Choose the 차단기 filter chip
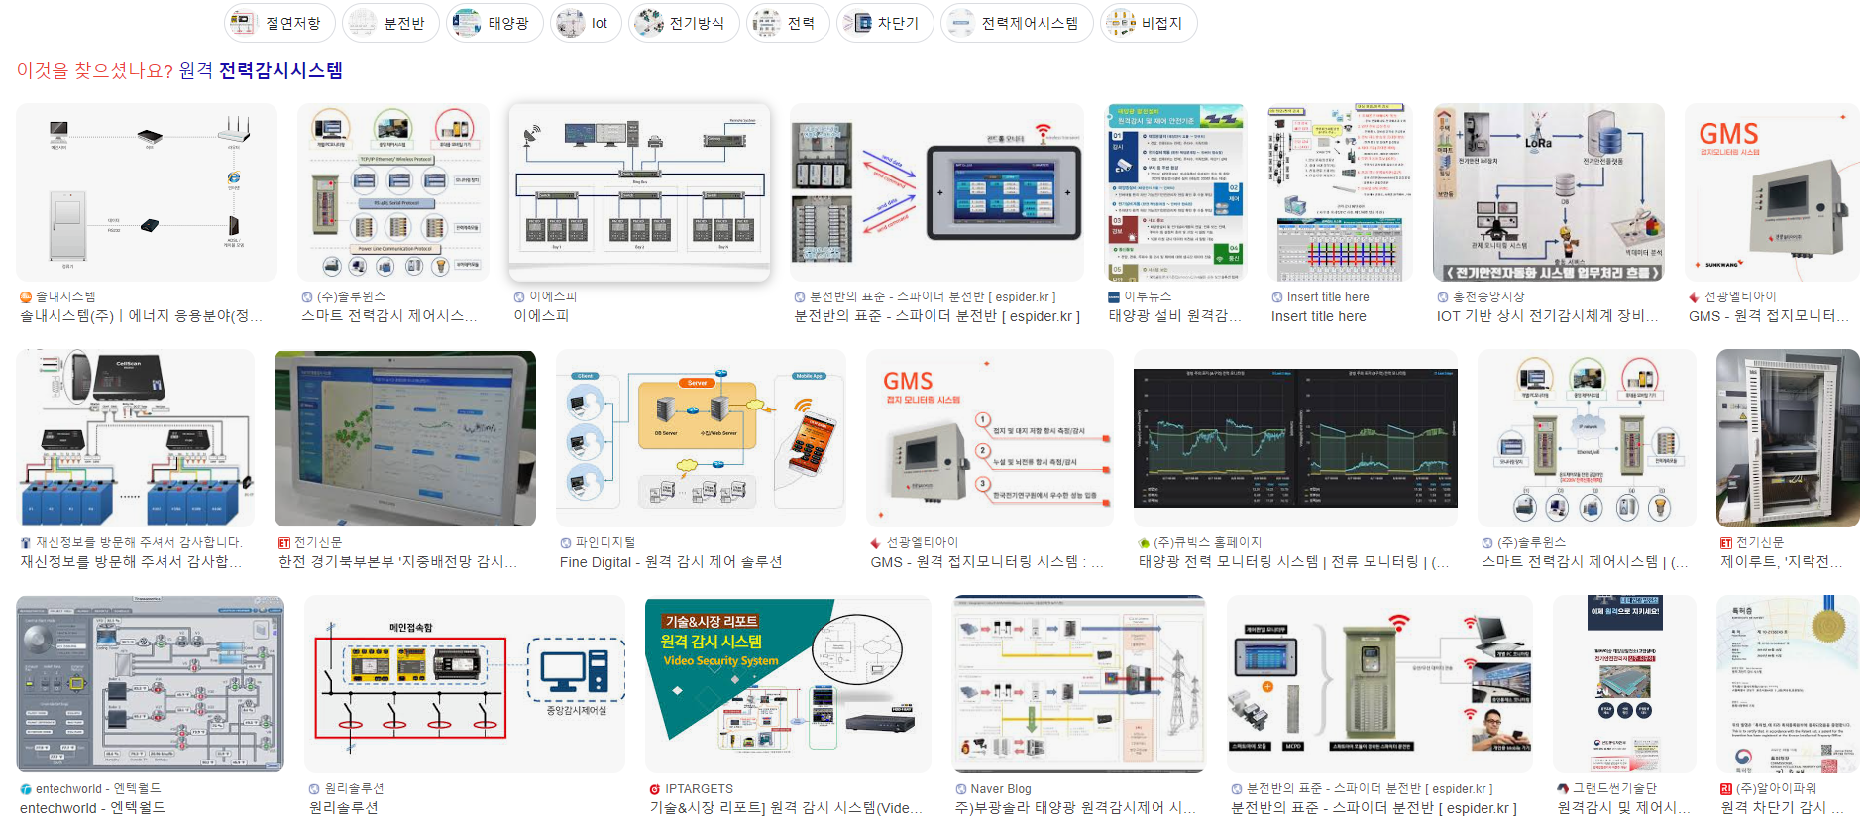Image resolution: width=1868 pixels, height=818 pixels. point(884,23)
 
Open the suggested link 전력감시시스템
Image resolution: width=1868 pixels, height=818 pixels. point(280,70)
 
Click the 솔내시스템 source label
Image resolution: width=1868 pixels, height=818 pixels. point(65,296)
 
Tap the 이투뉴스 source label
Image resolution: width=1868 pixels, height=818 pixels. point(1147,296)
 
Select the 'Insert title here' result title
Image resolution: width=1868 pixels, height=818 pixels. point(1318,316)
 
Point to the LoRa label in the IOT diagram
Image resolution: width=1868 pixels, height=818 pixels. point(1538,143)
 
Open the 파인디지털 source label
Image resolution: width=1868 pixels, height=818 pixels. point(604,542)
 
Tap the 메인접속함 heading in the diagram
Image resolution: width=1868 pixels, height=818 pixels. point(410,628)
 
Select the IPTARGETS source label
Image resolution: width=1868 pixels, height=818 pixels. point(699,789)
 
